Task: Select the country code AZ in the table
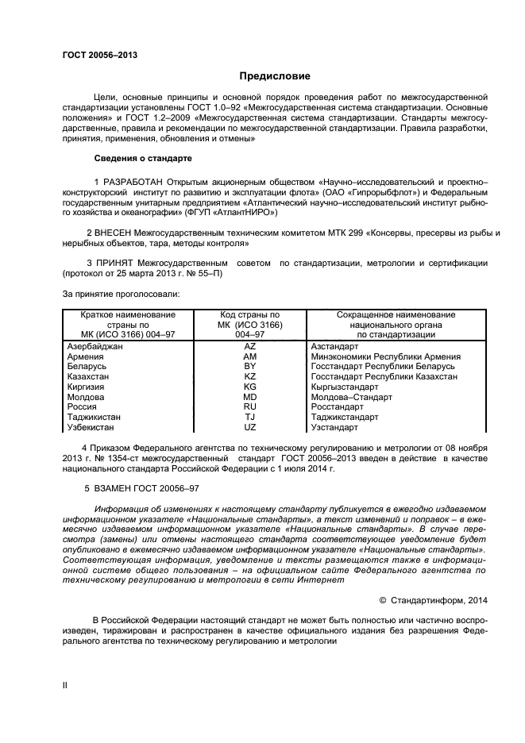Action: coord(249,347)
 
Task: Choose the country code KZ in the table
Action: coord(249,377)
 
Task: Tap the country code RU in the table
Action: coord(249,406)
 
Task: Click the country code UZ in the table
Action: coord(249,426)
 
